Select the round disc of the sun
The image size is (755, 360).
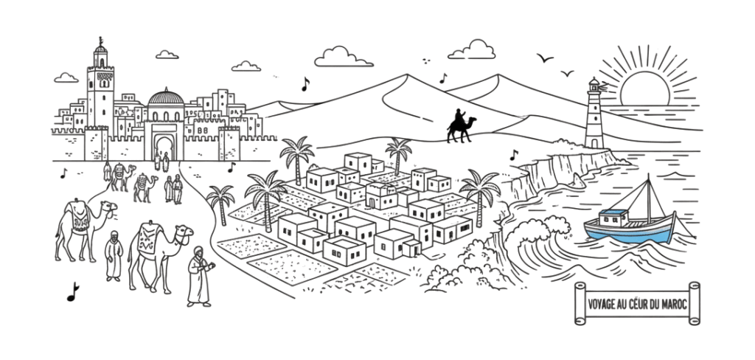click(x=644, y=88)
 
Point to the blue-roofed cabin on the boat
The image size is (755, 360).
click(x=614, y=218)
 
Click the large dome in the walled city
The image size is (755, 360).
click(x=166, y=98)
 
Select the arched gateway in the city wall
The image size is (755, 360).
click(x=164, y=148)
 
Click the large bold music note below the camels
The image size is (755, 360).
click(x=73, y=292)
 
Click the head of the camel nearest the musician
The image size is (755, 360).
click(x=184, y=233)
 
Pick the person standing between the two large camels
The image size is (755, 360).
click(x=114, y=255)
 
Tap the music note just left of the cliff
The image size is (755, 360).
click(x=514, y=155)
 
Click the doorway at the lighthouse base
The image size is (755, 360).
click(x=594, y=143)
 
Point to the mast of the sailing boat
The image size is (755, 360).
click(x=649, y=199)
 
